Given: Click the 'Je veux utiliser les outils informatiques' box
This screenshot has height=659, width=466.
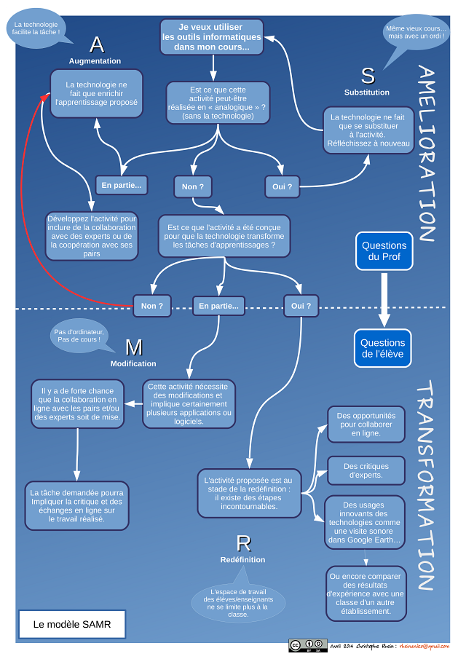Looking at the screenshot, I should (212, 36).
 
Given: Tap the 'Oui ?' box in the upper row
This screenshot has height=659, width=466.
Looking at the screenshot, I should (283, 186).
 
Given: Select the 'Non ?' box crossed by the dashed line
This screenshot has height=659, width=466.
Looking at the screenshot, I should (152, 306).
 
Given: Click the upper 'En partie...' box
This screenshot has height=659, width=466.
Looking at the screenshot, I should (122, 186).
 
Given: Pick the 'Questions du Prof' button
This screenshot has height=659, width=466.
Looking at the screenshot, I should (384, 250).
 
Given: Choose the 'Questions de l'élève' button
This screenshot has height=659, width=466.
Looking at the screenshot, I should (383, 348).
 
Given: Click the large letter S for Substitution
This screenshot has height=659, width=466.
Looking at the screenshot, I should (368, 75).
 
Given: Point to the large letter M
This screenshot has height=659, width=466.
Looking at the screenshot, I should (133, 347).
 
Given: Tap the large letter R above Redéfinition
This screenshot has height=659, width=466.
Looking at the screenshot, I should (243, 543).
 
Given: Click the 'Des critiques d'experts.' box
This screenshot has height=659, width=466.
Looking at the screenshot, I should (366, 470).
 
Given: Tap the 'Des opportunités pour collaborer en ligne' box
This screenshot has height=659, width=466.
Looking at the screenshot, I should (366, 424).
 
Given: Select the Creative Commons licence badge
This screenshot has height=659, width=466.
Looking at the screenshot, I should (306, 645).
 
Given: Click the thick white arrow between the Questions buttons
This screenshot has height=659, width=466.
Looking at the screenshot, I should (383, 298).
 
